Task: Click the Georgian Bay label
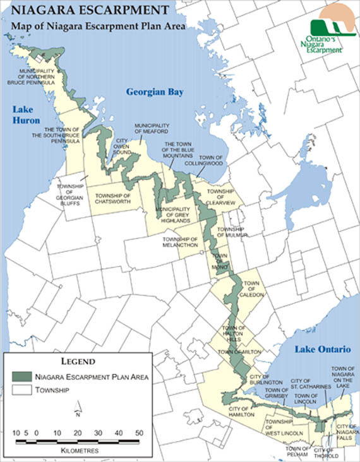click(x=154, y=92)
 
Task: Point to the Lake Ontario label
click(x=316, y=349)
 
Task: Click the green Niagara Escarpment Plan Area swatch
click(x=22, y=377)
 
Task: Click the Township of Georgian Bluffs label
click(x=70, y=192)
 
